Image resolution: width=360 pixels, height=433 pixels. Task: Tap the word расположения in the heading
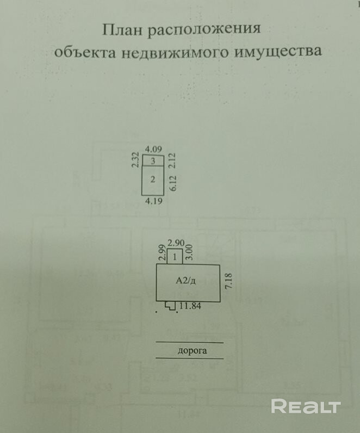click(204, 30)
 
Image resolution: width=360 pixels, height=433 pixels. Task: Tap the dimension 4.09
click(153, 149)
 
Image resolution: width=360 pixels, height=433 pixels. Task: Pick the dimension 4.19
click(154, 201)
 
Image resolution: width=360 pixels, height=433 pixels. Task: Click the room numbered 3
click(153, 160)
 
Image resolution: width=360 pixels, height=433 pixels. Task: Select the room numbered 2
click(153, 180)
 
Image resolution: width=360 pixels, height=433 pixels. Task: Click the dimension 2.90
click(175, 243)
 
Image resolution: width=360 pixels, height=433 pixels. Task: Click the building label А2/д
click(186, 281)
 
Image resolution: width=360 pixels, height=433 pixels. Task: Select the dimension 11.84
click(190, 306)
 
